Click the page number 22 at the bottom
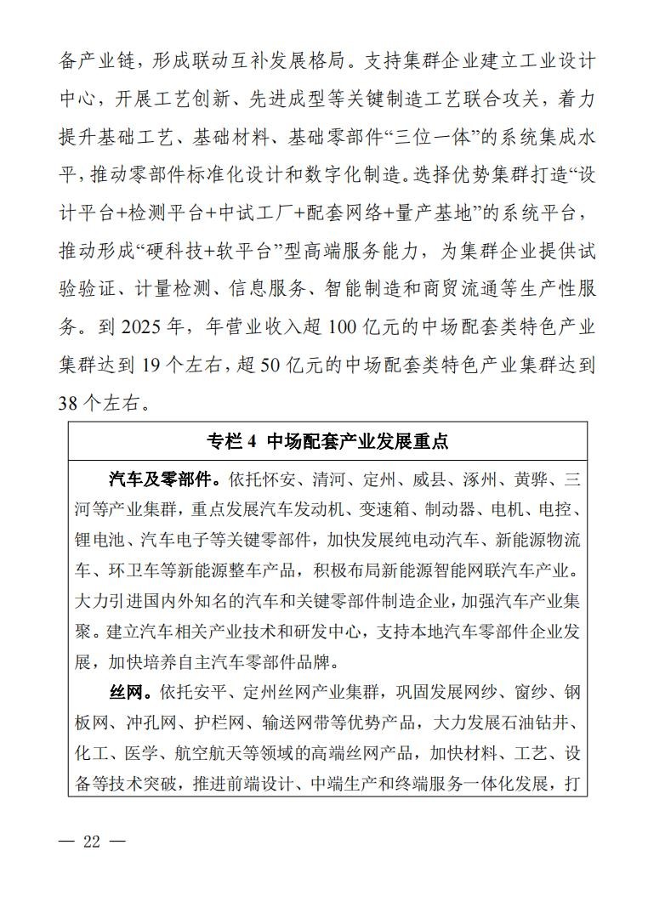[92, 842]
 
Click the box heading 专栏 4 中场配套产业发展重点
[327, 441]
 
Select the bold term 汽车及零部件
[159, 480]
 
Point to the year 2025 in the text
[147, 327]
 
